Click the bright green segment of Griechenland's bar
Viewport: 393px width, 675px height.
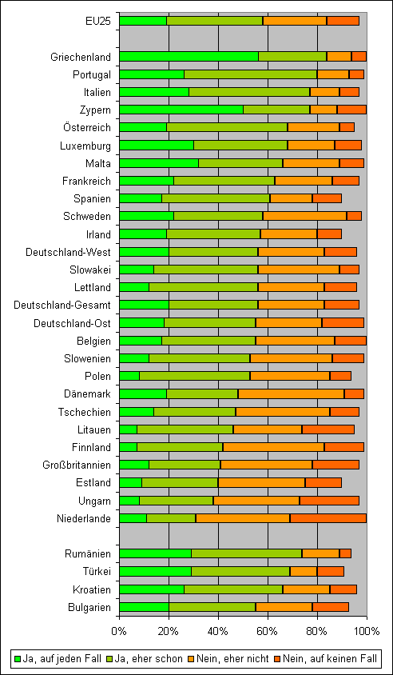coord(189,57)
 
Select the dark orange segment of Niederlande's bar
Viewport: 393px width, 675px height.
coord(328,518)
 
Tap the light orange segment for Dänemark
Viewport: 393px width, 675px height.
coord(292,394)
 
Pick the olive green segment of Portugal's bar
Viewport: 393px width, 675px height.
coord(251,74)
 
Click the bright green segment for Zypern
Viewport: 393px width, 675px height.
coord(181,110)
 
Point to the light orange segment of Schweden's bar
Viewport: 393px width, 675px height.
coord(305,216)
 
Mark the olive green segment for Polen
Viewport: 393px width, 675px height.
coord(195,376)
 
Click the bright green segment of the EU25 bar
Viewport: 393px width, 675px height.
coord(143,21)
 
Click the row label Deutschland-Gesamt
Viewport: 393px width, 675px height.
coord(62,306)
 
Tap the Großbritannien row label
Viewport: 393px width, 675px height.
coord(77,465)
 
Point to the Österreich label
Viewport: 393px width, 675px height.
coord(85,127)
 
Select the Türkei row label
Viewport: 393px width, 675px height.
coord(97,571)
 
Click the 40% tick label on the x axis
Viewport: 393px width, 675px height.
coord(218,632)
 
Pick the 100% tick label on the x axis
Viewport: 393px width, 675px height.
coord(367,632)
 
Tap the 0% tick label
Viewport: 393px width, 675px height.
coord(120,632)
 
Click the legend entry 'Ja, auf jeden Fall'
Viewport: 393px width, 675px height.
coord(58,658)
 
